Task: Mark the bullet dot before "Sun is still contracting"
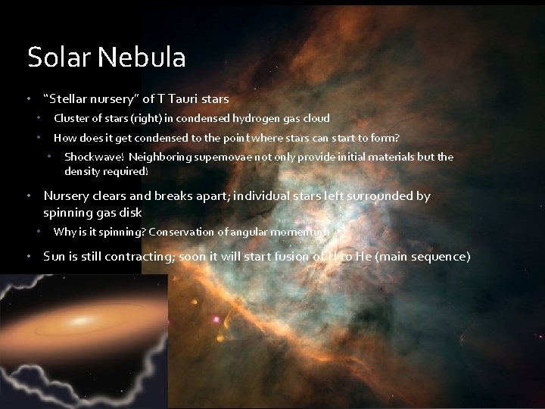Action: (28, 256)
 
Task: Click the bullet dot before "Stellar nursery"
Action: (28, 98)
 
